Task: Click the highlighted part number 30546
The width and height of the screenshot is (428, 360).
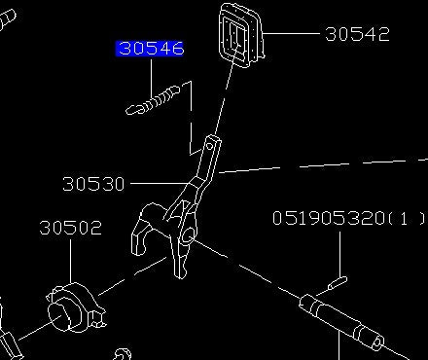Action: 150,48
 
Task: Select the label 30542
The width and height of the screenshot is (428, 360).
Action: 357,34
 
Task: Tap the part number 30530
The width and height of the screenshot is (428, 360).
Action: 93,183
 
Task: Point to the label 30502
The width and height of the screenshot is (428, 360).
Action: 70,229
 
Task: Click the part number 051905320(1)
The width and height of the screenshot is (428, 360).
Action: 336,219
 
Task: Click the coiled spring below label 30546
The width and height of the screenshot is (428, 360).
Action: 157,98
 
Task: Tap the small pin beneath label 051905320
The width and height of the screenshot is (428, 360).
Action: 336,283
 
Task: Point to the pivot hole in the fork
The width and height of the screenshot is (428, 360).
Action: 184,234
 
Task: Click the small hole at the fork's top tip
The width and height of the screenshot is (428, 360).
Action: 211,147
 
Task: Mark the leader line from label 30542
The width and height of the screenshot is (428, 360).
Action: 293,34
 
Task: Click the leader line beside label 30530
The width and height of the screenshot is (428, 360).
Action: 156,183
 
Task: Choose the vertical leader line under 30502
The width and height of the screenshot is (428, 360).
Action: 70,261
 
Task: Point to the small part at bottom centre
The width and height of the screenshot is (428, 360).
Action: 122,352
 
